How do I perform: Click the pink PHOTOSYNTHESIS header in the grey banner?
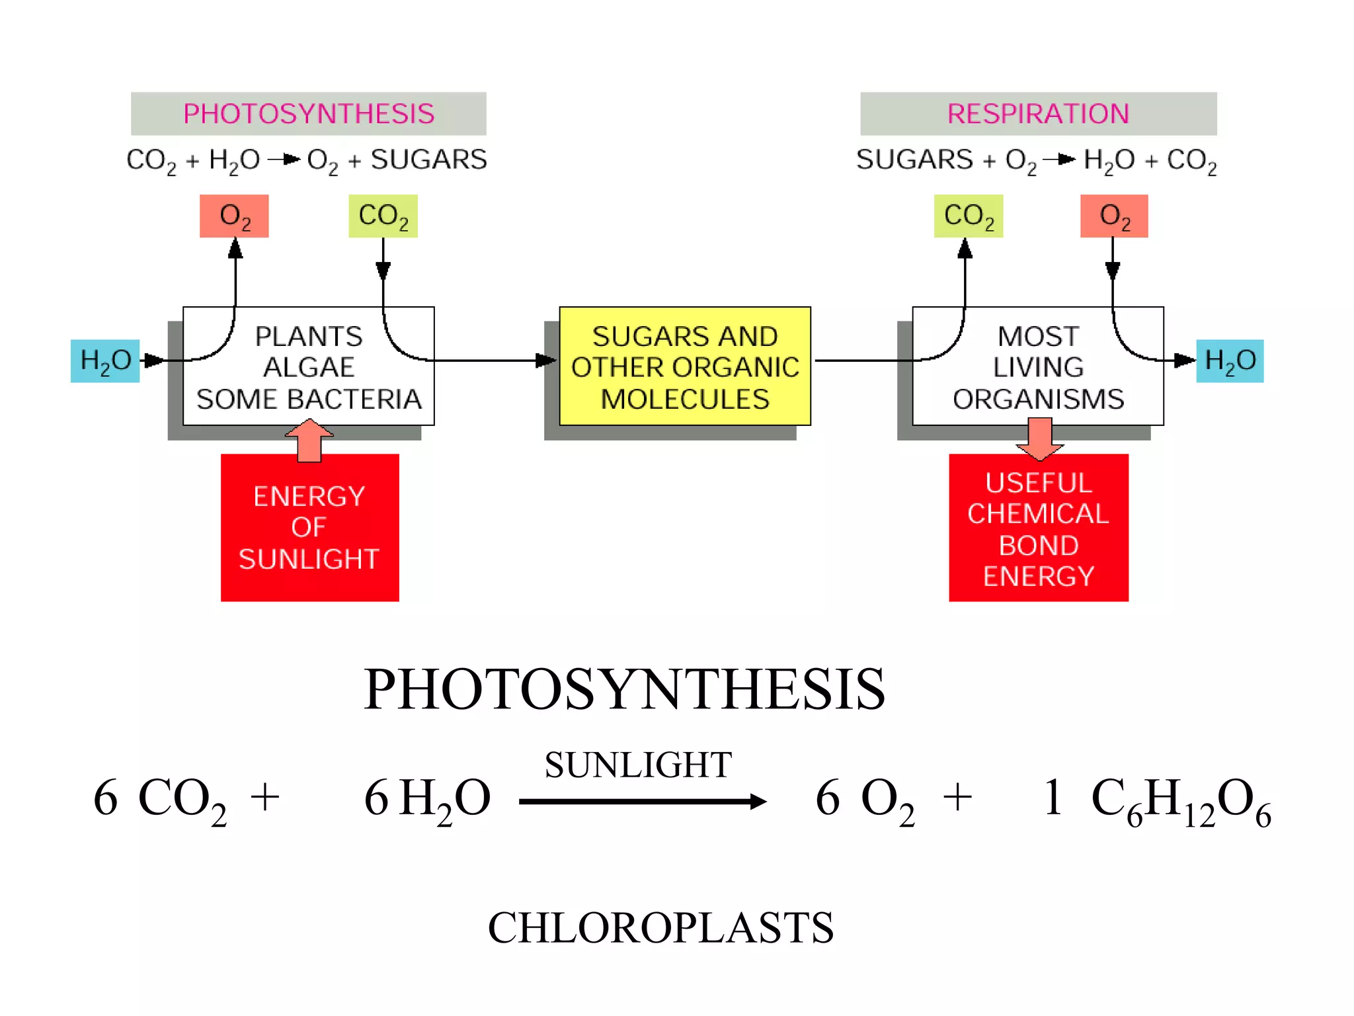point(308,114)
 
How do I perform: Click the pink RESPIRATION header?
point(1038,114)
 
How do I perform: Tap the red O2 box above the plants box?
point(234,216)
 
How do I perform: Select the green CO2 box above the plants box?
point(383,216)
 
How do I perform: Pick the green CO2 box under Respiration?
point(968,216)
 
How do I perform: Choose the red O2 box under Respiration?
point(1114,216)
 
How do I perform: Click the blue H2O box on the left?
point(105,361)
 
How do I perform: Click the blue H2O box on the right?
point(1230,361)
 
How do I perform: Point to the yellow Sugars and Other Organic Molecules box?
point(685,366)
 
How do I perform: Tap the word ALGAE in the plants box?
point(309,367)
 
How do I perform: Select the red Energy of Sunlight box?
point(309,528)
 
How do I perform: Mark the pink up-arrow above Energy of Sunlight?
point(309,440)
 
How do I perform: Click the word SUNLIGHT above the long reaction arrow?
point(638,765)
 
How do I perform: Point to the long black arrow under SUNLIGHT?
point(641,802)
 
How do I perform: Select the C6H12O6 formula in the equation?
point(1180,800)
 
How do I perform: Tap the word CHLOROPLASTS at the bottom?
point(660,927)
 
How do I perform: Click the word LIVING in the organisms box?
point(1038,367)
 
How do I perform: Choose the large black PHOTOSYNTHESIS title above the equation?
point(624,689)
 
